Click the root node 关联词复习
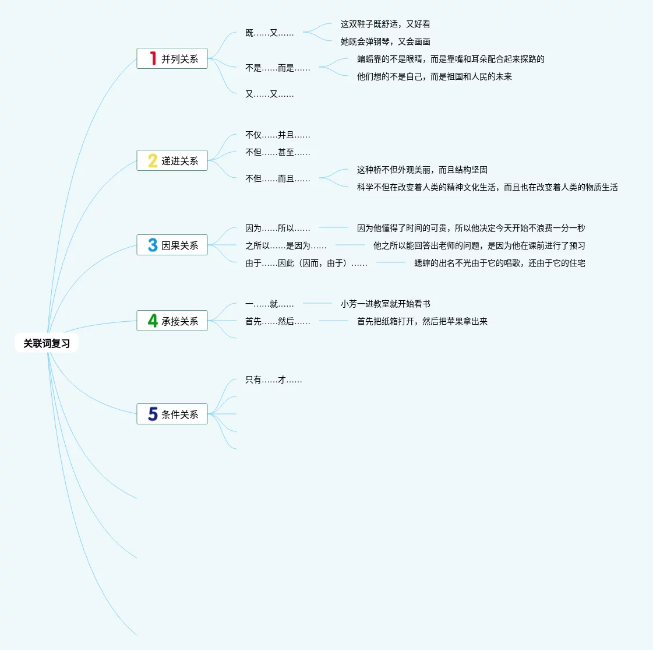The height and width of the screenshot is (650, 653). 47,343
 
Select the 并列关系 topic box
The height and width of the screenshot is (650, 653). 172,58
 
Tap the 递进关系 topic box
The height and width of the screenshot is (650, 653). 172,160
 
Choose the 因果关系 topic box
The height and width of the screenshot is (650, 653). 172,245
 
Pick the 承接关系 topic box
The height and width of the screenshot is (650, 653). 172,321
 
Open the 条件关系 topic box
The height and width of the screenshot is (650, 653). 172,414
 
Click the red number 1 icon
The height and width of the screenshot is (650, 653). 153,58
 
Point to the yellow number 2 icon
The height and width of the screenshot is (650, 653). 153,160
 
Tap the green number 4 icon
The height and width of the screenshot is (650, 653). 153,321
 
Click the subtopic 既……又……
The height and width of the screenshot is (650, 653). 270,33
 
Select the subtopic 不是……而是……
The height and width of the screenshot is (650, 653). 278,68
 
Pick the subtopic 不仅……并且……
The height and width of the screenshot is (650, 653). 278,135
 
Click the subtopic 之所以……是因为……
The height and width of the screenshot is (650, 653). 286,246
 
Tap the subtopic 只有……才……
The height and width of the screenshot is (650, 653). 274,380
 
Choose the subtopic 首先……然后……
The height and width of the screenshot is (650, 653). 278,322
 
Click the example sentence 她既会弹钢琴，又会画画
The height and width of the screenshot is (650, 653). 386,42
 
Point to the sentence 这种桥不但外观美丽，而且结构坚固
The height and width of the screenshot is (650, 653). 422,170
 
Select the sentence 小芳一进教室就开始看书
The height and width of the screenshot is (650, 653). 386,304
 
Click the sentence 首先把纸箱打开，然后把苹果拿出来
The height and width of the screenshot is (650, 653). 422,322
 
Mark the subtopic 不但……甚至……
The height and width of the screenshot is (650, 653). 278,153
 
